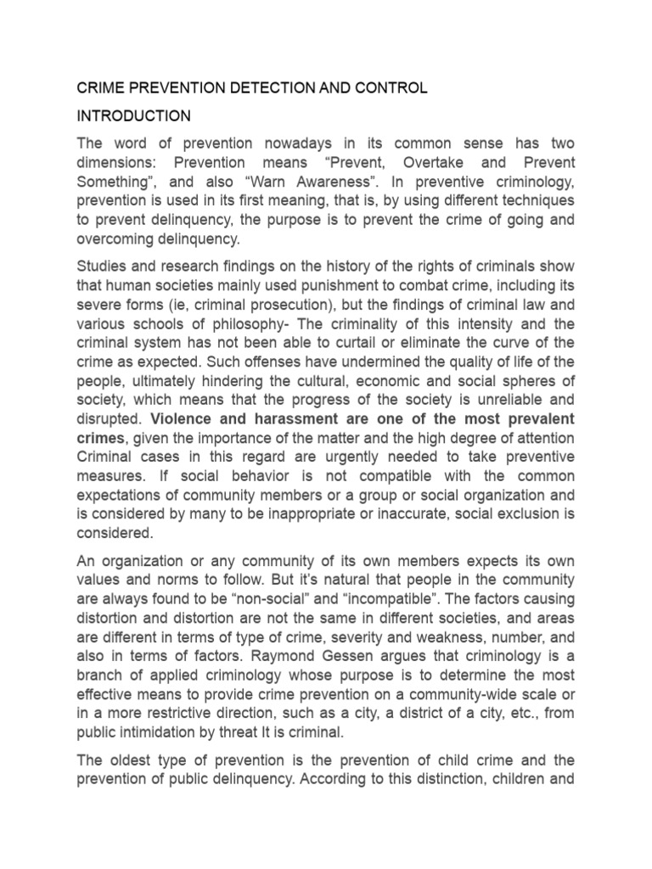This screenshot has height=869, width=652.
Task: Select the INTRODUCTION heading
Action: (x=134, y=115)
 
